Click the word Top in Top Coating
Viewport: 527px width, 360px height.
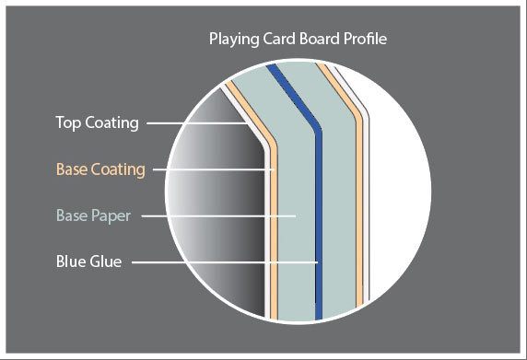pyautogui.click(x=67, y=122)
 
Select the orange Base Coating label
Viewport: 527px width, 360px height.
pyautogui.click(x=100, y=169)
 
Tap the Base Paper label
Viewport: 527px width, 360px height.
pyautogui.click(x=92, y=216)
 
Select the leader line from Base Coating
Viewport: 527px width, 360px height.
pyautogui.click(x=212, y=169)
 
